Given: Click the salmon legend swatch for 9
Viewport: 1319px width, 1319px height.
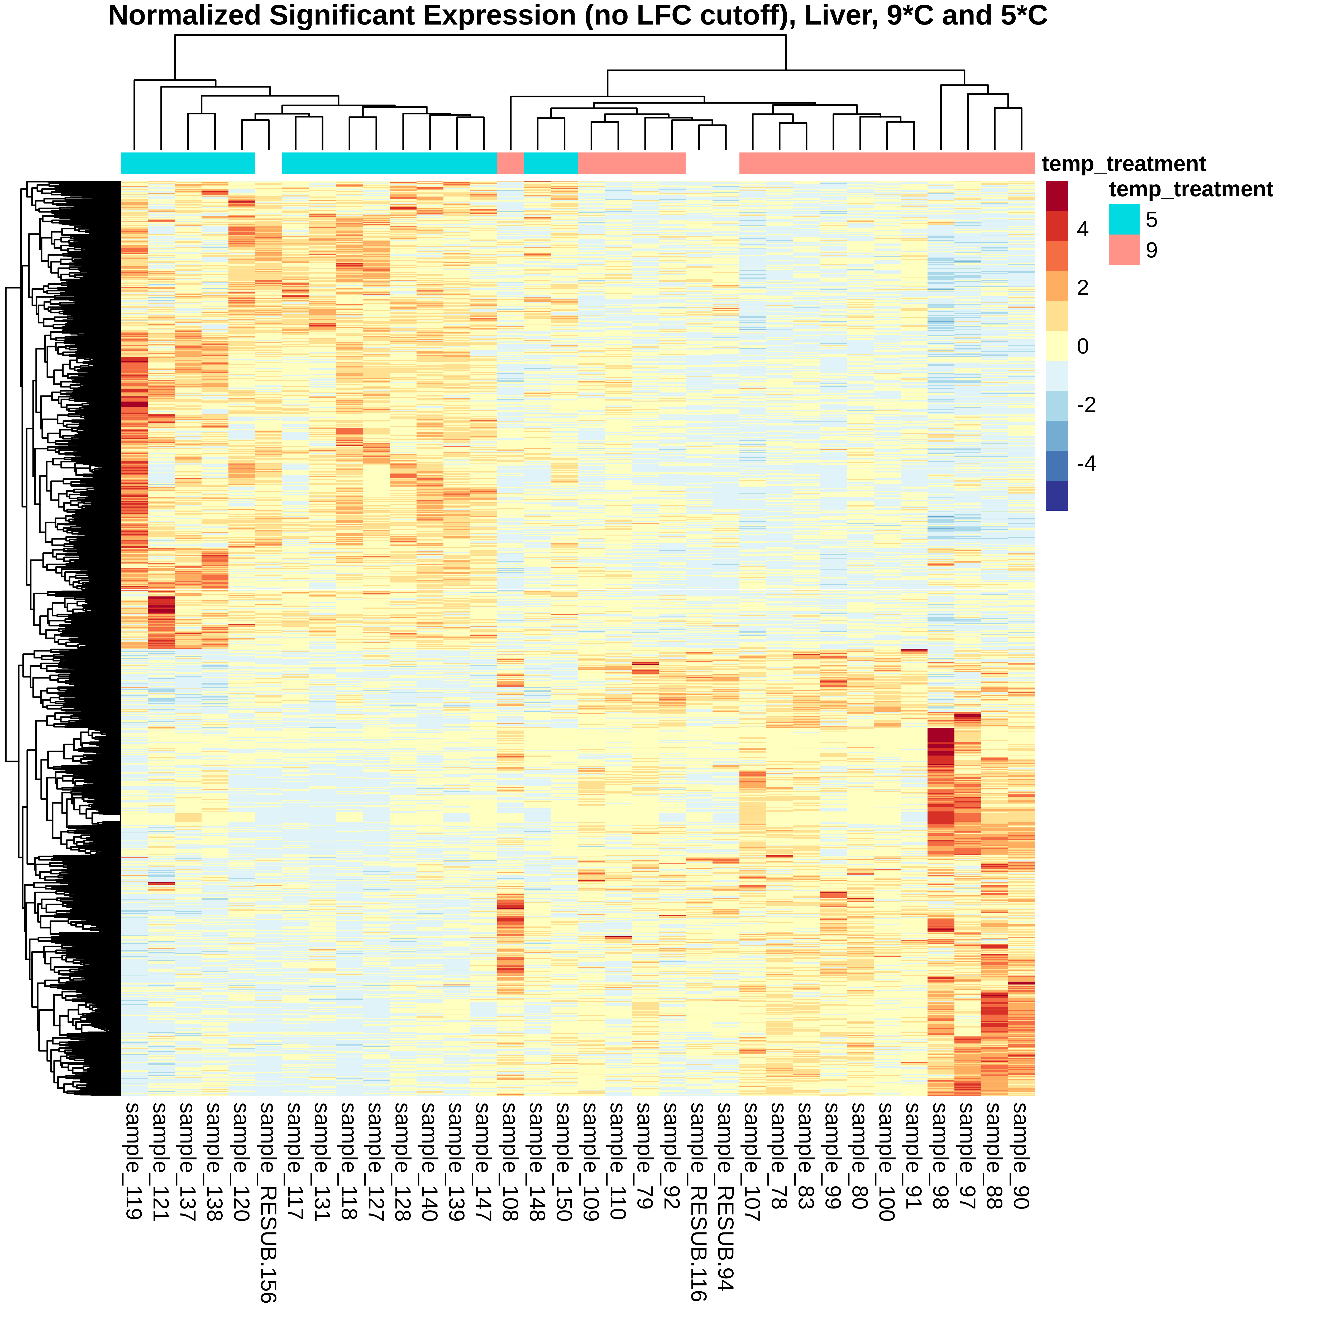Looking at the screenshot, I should click(x=1124, y=250).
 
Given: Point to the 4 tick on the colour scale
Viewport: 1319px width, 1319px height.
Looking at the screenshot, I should click(x=1083, y=230).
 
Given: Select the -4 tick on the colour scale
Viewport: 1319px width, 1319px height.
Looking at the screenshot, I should click(x=1086, y=463).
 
